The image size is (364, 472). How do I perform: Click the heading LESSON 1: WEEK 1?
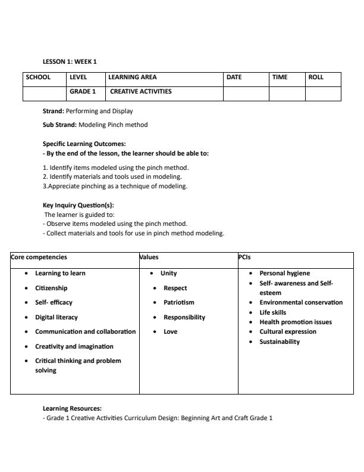pyautogui.click(x=69, y=61)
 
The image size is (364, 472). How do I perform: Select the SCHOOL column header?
pyautogui.click(x=38, y=77)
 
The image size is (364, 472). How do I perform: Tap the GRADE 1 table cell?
pyautogui.click(x=83, y=92)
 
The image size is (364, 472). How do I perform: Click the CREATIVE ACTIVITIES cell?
pyautogui.click(x=141, y=92)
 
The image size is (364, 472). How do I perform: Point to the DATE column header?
pyautogui.click(x=234, y=77)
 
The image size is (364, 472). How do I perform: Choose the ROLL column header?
pyautogui.click(x=316, y=77)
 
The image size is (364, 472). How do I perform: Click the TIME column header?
pyautogui.click(x=280, y=77)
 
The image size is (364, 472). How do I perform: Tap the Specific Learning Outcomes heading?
pyautogui.click(x=84, y=144)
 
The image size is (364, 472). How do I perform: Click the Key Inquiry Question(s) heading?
pyautogui.click(x=78, y=205)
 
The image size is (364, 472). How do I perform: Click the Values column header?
pyautogui.click(x=149, y=257)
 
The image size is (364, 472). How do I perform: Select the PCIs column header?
pyautogui.click(x=244, y=257)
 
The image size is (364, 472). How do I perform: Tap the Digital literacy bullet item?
pyautogui.click(x=57, y=317)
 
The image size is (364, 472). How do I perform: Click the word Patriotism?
pyautogui.click(x=179, y=302)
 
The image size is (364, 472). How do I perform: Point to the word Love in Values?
pyautogui.click(x=171, y=331)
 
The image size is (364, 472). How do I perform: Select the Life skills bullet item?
pyautogui.click(x=272, y=312)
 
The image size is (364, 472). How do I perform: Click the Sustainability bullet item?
pyautogui.click(x=280, y=341)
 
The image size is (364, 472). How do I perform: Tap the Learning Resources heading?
pyautogui.click(x=72, y=408)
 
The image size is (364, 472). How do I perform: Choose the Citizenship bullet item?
pyautogui.click(x=51, y=288)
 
